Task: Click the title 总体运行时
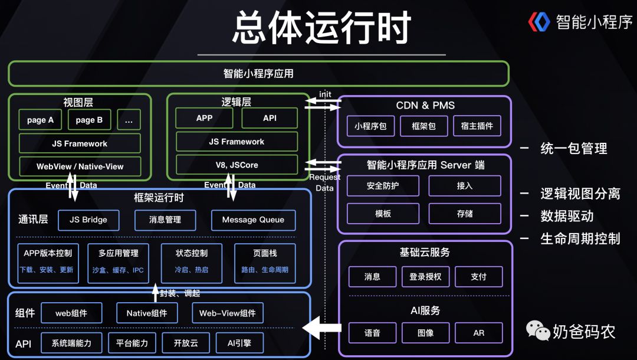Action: click(321, 28)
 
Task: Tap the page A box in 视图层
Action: click(40, 120)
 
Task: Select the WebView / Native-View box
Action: click(80, 166)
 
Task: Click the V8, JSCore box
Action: click(237, 165)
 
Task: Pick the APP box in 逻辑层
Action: click(204, 118)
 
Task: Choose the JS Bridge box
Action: click(88, 220)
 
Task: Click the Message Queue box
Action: click(253, 220)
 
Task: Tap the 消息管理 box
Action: click(165, 220)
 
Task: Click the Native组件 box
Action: click(147, 313)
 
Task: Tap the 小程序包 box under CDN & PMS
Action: click(370, 126)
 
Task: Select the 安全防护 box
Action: click(383, 186)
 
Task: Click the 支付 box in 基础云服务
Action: click(478, 277)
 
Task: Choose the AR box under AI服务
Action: click(478, 333)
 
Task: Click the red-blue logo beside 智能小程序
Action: click(539, 22)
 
